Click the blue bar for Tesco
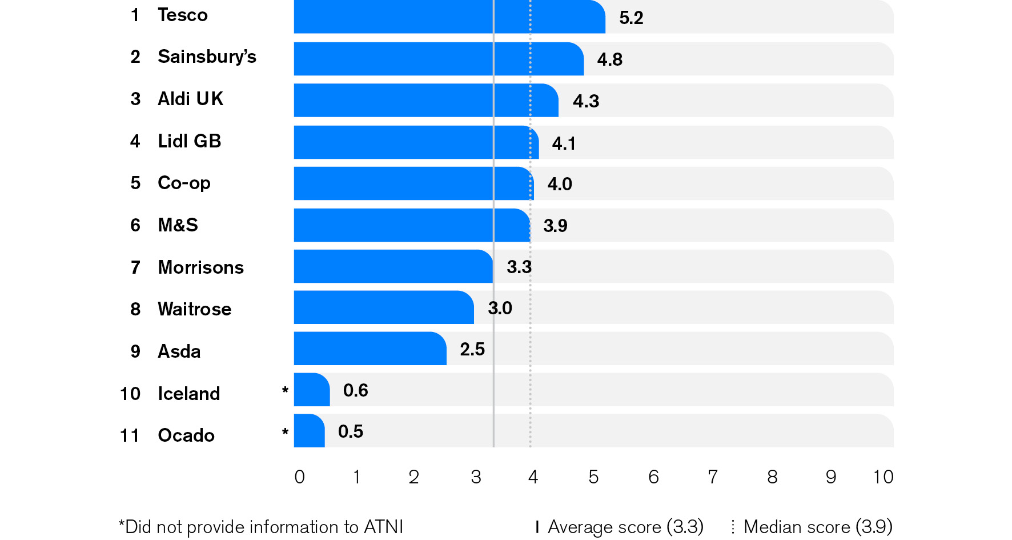pyautogui.click(x=449, y=17)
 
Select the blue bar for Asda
pyautogui.click(x=370, y=349)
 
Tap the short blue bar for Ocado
pyautogui.click(x=309, y=431)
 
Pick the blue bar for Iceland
pyautogui.click(x=311, y=390)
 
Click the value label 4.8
pyautogui.click(x=609, y=59)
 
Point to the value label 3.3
pyautogui.click(x=519, y=267)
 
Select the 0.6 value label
pyautogui.click(x=355, y=390)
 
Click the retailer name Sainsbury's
pyautogui.click(x=207, y=57)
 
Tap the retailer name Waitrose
pyautogui.click(x=194, y=309)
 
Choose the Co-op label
pyautogui.click(x=184, y=183)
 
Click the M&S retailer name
pyautogui.click(x=178, y=225)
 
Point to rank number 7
pyautogui.click(x=135, y=267)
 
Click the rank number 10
pyautogui.click(x=130, y=394)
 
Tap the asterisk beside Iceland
pyautogui.click(x=285, y=391)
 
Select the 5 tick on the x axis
pyautogui.click(x=593, y=477)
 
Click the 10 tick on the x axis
pyautogui.click(x=883, y=477)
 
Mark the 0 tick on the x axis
pyautogui.click(x=299, y=477)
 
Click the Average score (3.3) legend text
pyautogui.click(x=625, y=526)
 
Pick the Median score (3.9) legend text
pyautogui.click(x=818, y=526)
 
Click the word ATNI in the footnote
pyautogui.click(x=383, y=526)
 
